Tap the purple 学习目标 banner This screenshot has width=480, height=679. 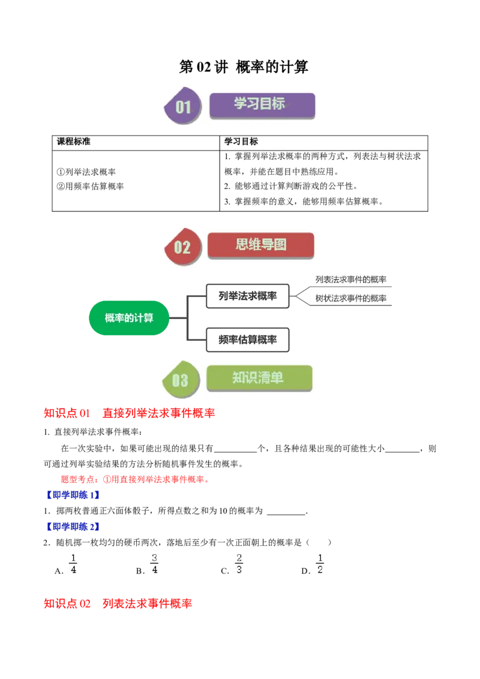[x=262, y=104]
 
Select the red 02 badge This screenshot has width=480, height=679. [x=182, y=247]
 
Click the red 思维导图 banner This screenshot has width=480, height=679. [x=260, y=245]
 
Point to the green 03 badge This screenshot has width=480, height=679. [x=180, y=380]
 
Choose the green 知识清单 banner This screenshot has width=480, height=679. [x=259, y=378]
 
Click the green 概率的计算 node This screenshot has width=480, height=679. [x=129, y=318]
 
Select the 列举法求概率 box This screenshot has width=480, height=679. [x=248, y=296]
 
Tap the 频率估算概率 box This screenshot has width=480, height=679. [x=248, y=339]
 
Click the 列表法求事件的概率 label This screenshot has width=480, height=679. [x=351, y=280]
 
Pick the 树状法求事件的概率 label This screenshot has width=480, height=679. [x=351, y=298]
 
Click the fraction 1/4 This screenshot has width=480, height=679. [x=74, y=564]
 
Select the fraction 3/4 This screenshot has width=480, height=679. [x=155, y=564]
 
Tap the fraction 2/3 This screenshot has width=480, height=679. [x=238, y=564]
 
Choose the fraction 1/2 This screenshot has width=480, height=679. [x=319, y=564]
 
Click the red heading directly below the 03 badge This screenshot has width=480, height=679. [x=130, y=413]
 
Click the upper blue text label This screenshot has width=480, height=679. [x=73, y=496]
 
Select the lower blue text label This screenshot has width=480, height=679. [x=73, y=527]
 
